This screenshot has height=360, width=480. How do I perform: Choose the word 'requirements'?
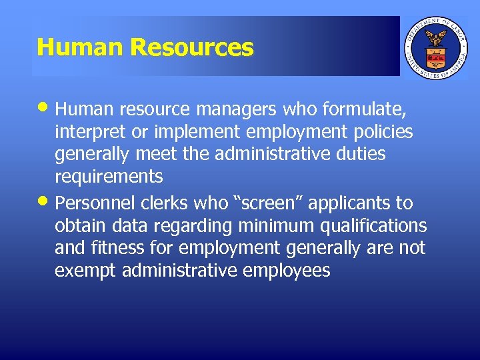pyautogui.click(x=109, y=177)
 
